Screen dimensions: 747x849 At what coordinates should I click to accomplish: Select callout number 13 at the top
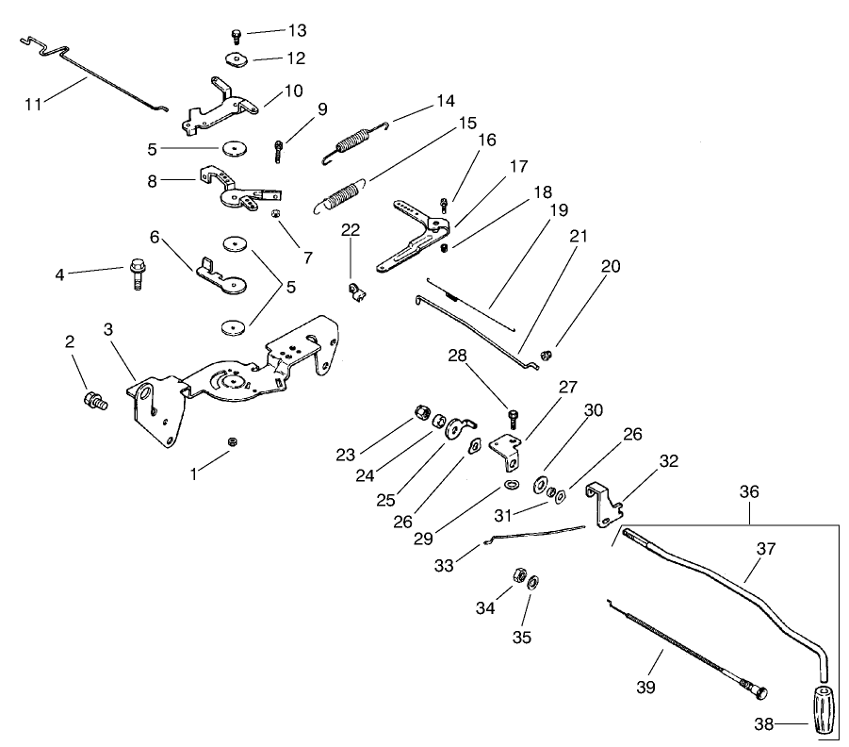point(297,30)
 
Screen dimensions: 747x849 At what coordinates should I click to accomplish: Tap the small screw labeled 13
point(236,37)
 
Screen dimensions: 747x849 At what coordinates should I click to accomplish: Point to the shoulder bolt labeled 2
point(94,399)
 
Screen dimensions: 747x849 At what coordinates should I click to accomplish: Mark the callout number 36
point(749,492)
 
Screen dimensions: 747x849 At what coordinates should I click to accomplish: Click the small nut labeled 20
point(546,356)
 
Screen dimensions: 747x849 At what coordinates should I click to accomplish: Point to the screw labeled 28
point(514,416)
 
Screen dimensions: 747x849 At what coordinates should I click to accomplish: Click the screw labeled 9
point(279,149)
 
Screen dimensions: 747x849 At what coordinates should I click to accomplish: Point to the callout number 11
point(34,103)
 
